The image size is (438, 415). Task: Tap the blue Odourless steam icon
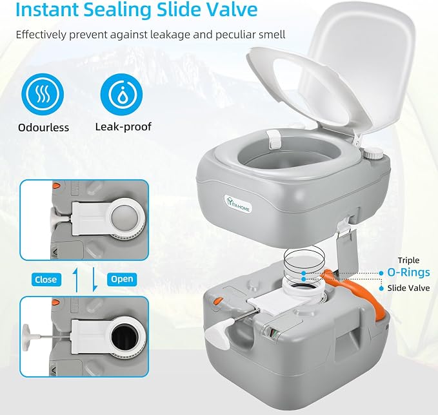coord(43,94)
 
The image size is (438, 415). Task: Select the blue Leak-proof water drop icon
coord(121,94)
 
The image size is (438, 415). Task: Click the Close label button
coord(46,280)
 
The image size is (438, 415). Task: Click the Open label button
coord(122,279)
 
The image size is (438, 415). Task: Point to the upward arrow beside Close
coord(76,280)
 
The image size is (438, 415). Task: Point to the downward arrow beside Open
coord(95,280)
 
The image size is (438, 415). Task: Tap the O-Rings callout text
coord(408,273)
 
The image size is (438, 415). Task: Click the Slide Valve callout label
coord(408,288)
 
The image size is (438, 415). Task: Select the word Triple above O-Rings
coord(409,260)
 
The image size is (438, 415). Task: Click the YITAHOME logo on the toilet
coord(238,204)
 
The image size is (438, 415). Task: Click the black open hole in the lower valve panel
coord(124,338)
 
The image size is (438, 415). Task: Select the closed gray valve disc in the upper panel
coord(124,217)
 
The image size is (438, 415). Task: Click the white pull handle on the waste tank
coord(219,333)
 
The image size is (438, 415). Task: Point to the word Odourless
coord(43,128)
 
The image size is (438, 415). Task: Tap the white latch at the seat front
coord(274,139)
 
